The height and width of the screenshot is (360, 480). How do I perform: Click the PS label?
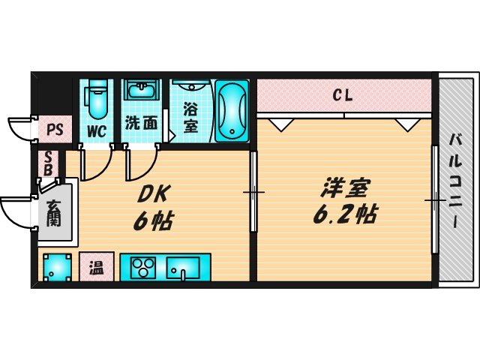pos(54,130)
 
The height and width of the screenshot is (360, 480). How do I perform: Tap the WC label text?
pos(97,130)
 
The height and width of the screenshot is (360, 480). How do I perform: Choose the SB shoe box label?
pos(48,163)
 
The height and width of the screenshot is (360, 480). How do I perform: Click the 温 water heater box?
pos(96,266)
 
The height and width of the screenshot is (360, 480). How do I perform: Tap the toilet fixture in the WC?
pos(97,100)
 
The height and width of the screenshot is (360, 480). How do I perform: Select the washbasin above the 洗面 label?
pos(140,94)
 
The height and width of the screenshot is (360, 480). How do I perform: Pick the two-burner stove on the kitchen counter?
pos(143,267)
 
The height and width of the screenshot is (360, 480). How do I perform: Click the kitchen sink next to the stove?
pos(183,267)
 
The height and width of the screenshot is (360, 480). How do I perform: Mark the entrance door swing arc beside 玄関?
pos(16,212)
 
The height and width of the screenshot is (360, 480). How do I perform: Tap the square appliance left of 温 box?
pos(57,267)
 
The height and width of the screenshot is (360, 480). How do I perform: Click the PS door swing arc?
pos(21,127)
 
